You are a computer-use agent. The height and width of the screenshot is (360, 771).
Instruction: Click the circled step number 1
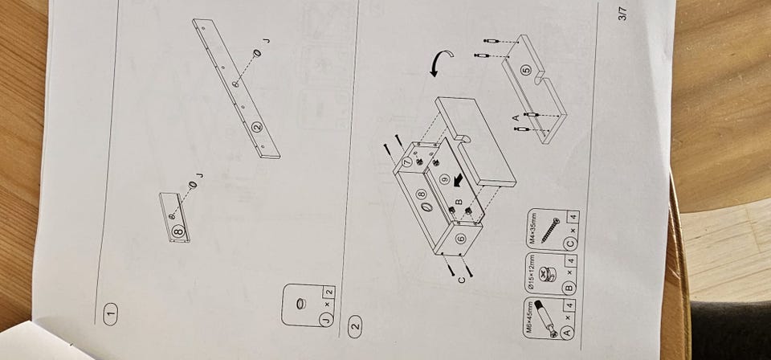(111, 311)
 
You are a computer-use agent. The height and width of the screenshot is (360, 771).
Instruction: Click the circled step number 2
(354, 325)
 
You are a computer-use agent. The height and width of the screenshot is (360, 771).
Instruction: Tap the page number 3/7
(623, 14)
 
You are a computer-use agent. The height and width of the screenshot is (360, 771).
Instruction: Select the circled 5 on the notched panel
(527, 71)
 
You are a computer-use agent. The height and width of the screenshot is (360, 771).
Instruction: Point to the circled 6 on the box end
(461, 239)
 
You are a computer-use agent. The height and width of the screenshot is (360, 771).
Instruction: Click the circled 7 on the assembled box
(406, 162)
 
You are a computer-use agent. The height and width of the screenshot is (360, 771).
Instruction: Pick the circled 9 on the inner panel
(444, 179)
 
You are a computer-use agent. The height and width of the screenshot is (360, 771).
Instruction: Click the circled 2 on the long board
(257, 127)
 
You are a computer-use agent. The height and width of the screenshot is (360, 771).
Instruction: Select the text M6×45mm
(530, 317)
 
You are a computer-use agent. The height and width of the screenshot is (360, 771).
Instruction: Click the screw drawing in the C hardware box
(549, 231)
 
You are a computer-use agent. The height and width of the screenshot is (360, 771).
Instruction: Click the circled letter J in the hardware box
(328, 319)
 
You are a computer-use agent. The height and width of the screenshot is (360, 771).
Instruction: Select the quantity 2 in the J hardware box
(328, 292)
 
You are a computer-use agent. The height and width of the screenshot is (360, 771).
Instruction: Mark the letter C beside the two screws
(460, 280)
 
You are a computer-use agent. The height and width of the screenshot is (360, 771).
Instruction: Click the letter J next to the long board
(267, 40)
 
